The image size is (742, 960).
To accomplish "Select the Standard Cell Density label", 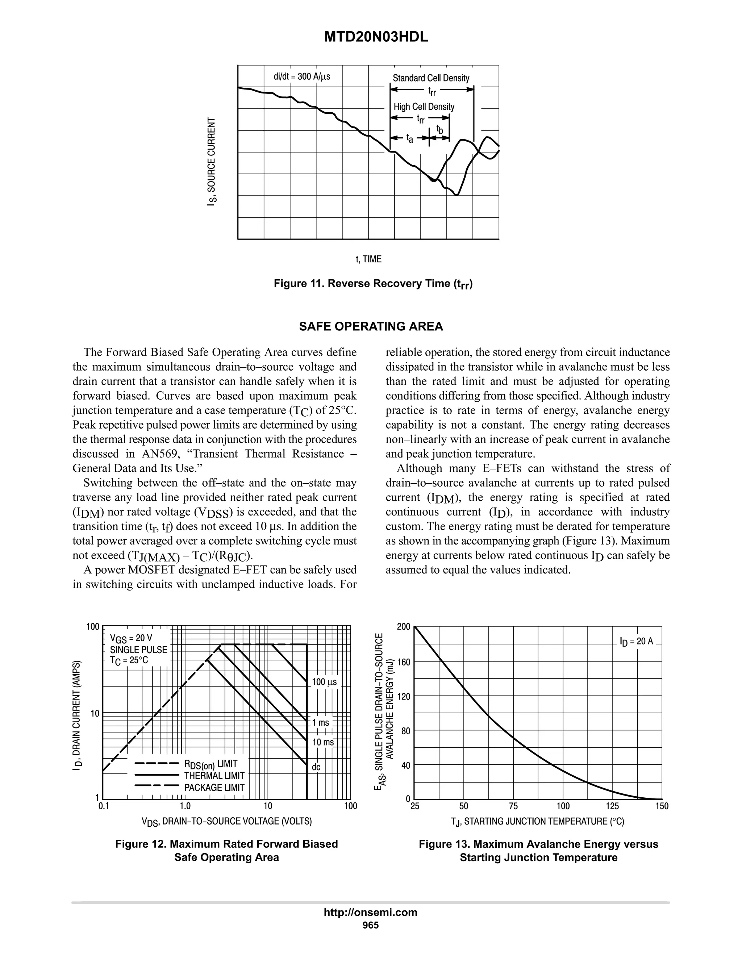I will click(x=431, y=78).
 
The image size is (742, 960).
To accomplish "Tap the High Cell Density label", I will click(x=424, y=107).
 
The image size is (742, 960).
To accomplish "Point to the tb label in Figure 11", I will click(x=439, y=129).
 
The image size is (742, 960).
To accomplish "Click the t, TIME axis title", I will click(x=368, y=259).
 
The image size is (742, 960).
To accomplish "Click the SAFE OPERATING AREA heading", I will click(x=371, y=327).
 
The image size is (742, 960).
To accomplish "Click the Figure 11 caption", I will click(x=373, y=284).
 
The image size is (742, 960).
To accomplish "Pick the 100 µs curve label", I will click(x=324, y=682).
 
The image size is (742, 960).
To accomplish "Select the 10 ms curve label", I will click(x=323, y=742).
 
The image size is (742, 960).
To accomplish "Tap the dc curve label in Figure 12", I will click(x=316, y=767).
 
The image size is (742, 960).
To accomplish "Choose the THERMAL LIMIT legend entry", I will click(x=214, y=776).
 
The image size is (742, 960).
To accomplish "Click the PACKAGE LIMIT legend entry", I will click(x=214, y=788).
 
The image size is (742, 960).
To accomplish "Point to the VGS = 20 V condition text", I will click(x=131, y=638).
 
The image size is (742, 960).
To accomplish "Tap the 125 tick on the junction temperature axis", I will click(x=612, y=806).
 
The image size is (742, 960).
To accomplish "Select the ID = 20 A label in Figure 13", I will click(x=637, y=641).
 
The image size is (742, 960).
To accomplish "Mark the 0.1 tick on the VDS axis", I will click(x=104, y=806).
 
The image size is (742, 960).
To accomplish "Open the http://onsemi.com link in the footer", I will click(x=371, y=913).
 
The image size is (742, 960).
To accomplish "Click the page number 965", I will click(x=371, y=925).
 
